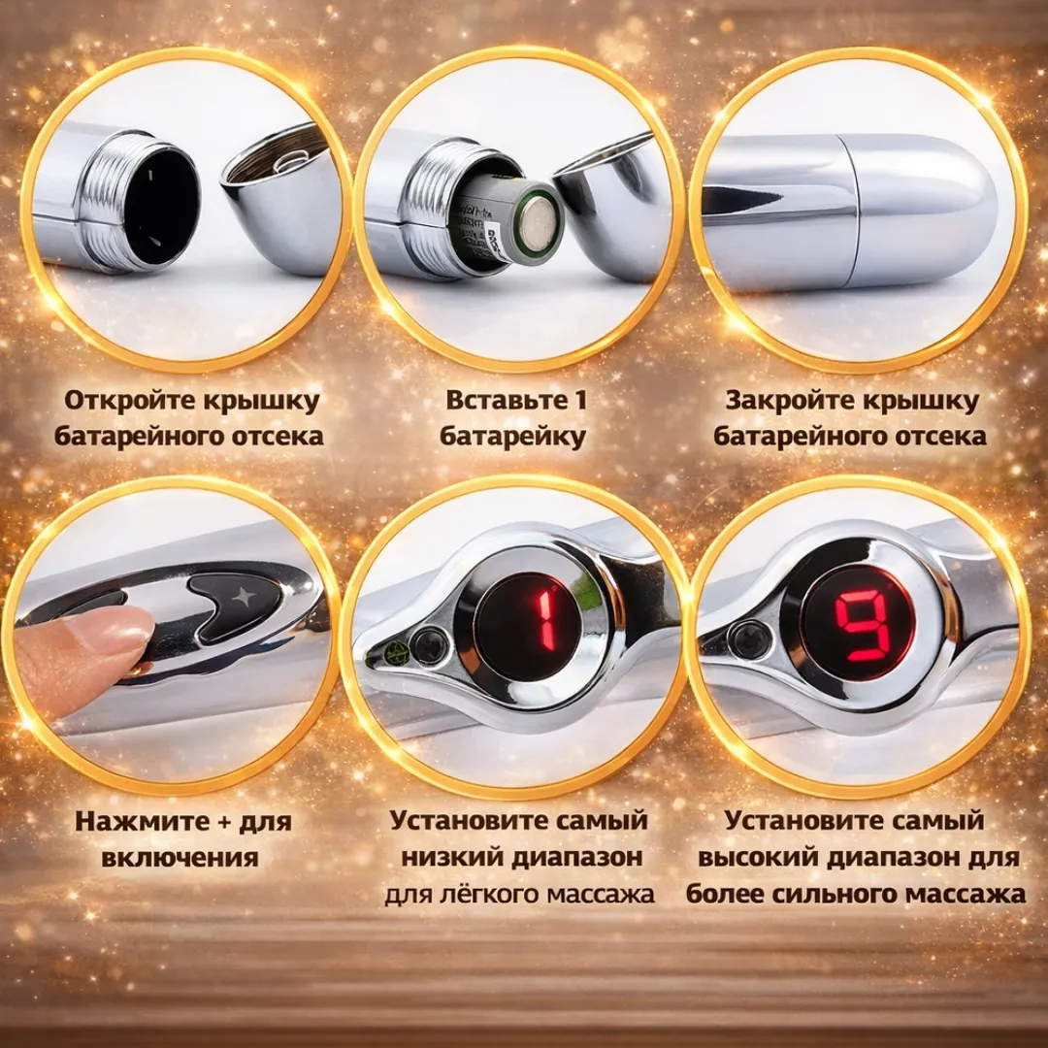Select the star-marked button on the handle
coord(237,599)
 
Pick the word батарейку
coord(513,436)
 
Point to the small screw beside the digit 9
coord(747,639)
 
